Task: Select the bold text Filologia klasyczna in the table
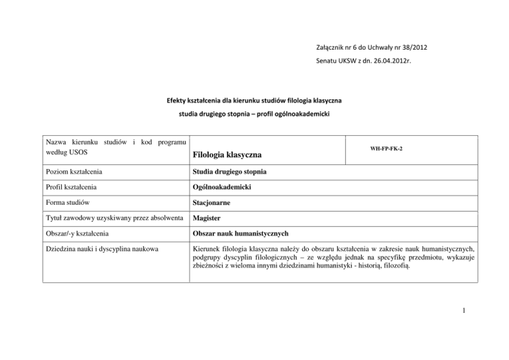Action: (x=227, y=155)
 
